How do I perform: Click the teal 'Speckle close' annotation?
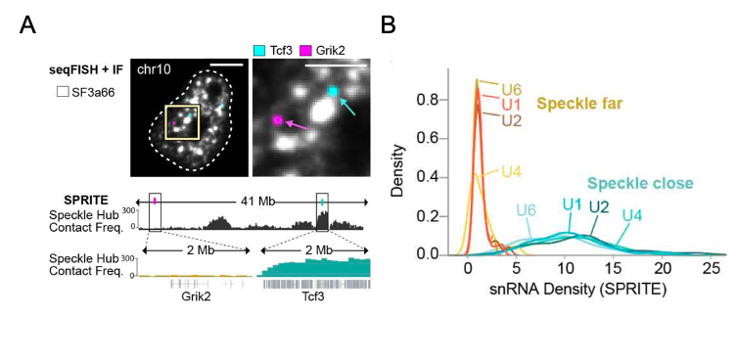click(641, 183)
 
